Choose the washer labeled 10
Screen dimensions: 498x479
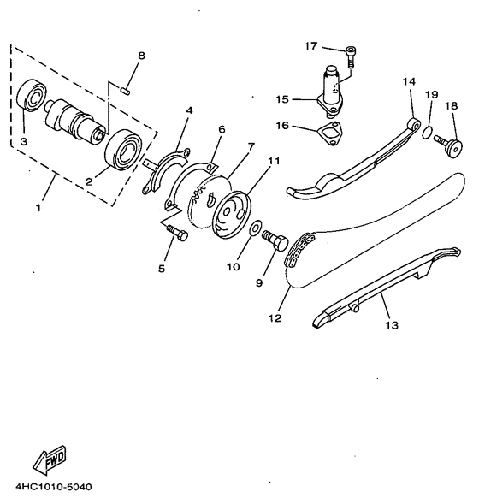(256, 228)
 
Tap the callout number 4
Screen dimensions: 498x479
(189, 110)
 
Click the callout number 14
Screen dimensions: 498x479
(409, 81)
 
